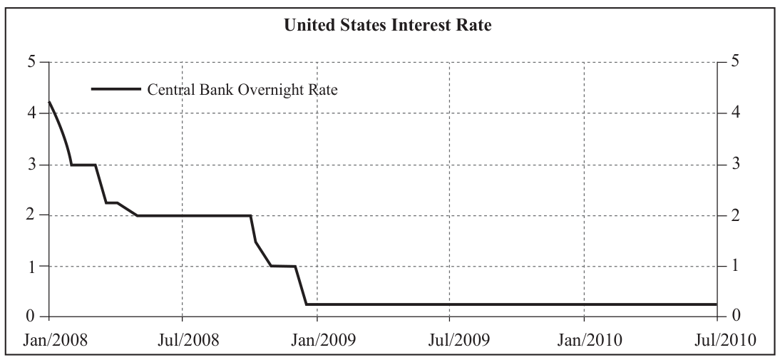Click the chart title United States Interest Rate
(x=388, y=25)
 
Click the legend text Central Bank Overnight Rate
(x=242, y=90)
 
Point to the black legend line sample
(x=116, y=90)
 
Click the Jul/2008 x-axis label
(x=182, y=340)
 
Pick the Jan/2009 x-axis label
(x=317, y=340)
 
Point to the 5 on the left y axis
(x=32, y=62)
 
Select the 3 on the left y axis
(x=32, y=164)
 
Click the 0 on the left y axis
(x=32, y=317)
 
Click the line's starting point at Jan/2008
(x=48, y=102)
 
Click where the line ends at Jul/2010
(x=717, y=304)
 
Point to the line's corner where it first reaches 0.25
(x=307, y=304)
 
